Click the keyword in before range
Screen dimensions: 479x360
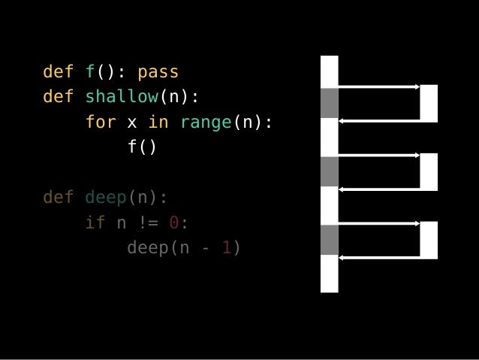point(158,122)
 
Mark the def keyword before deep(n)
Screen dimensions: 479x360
point(59,197)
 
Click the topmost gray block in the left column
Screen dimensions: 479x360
point(329,103)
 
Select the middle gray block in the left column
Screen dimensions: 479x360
point(329,171)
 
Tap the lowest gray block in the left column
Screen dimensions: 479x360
point(329,240)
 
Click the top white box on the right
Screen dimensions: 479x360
point(429,103)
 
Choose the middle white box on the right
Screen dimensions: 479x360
point(429,171)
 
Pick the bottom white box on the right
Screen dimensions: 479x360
point(429,240)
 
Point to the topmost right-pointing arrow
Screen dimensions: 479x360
point(379,87)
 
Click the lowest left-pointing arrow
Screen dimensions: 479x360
point(379,258)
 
